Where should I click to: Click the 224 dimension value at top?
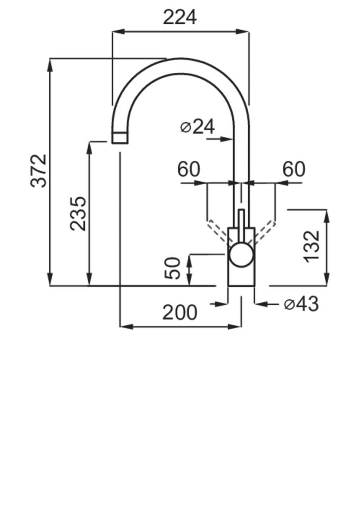[180, 18]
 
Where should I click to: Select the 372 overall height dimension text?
[39, 171]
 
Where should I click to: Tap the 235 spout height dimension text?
[78, 213]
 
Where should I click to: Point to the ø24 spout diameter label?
[198, 127]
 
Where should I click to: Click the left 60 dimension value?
[189, 170]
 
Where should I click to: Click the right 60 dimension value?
[294, 170]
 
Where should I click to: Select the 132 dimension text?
[312, 246]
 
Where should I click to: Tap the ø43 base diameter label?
[301, 305]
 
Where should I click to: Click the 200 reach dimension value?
[179, 313]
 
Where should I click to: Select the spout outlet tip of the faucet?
[120, 138]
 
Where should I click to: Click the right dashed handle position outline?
[265, 230]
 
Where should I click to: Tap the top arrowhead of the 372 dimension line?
[50, 64]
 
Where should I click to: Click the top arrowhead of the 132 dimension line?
[327, 215]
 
